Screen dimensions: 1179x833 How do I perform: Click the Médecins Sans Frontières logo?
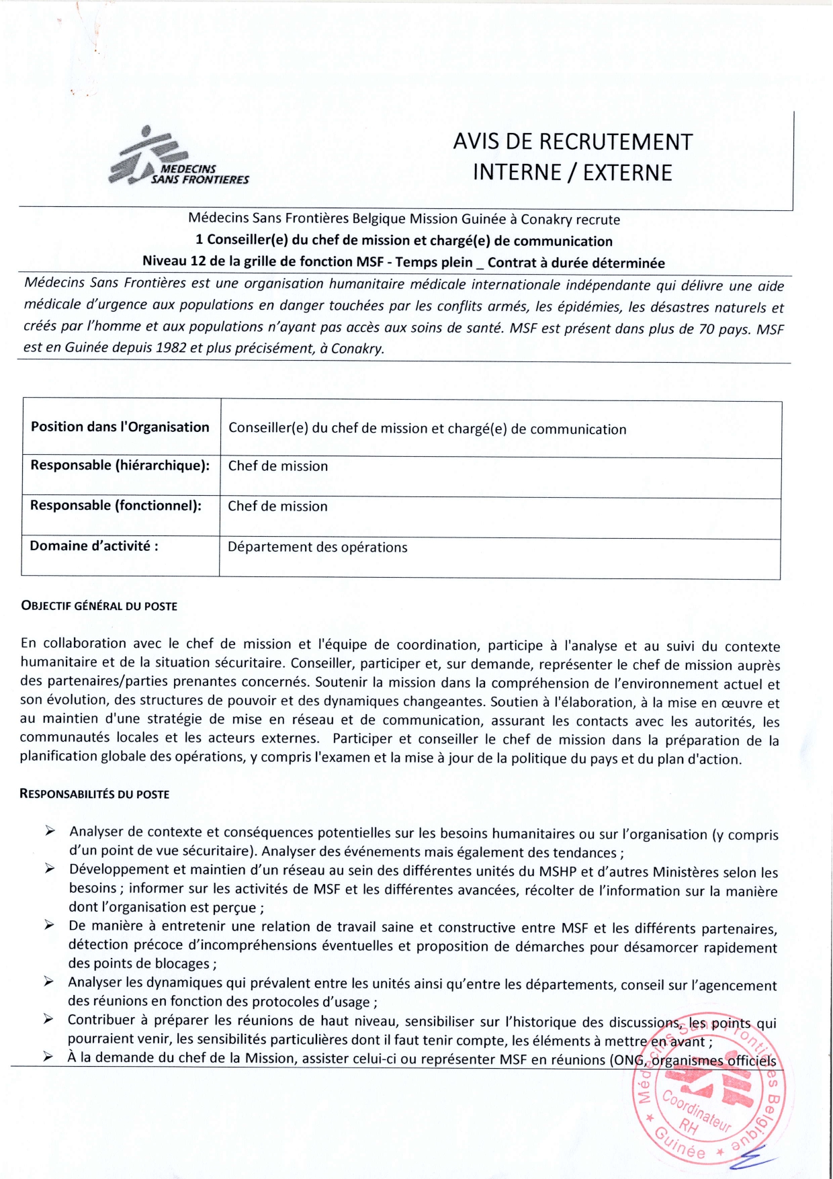click(x=177, y=158)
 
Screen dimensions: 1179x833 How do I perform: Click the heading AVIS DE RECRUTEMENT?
click(x=572, y=142)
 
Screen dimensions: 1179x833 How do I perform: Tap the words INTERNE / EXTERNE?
click(x=572, y=173)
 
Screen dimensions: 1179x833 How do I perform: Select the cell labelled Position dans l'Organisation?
click(x=120, y=427)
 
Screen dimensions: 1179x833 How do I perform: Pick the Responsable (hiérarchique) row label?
click(x=120, y=466)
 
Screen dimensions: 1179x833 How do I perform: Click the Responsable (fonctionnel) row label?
click(x=116, y=506)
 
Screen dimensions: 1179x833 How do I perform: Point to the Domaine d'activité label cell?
click(x=94, y=546)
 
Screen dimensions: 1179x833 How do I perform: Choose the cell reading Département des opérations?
click(x=317, y=548)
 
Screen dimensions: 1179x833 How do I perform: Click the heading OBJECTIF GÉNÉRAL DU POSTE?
click(x=99, y=606)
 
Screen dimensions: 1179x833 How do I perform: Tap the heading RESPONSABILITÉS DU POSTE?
click(x=94, y=794)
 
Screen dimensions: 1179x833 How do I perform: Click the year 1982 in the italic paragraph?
click(x=171, y=348)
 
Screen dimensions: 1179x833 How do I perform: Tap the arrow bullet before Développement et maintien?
click(x=50, y=870)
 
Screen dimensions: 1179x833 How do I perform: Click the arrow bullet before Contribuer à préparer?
click(x=49, y=1020)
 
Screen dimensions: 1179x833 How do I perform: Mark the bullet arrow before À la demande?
click(x=49, y=1057)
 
